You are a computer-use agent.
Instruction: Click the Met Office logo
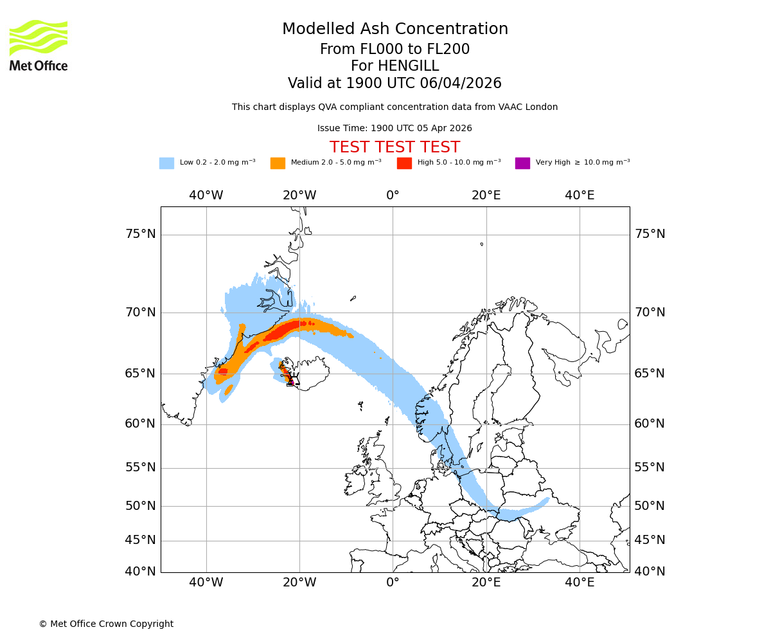[39, 45]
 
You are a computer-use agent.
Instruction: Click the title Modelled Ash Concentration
[394, 30]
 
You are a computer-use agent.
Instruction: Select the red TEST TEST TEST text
[394, 147]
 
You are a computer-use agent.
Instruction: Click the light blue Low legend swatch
[166, 163]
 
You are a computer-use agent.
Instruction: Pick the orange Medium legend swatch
[278, 163]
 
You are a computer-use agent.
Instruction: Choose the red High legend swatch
[404, 163]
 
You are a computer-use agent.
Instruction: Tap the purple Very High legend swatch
[522, 163]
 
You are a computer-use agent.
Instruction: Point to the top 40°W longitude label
[206, 195]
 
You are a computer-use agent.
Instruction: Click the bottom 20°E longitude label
[486, 583]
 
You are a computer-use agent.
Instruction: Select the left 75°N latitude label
[141, 234]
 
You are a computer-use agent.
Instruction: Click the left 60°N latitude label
[141, 424]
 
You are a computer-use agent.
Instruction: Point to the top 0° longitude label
[393, 195]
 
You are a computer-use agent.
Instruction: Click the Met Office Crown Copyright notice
[106, 624]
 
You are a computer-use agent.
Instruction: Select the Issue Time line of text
[394, 128]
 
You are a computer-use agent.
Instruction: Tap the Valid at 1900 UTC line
[394, 84]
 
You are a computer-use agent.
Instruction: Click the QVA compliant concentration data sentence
[394, 107]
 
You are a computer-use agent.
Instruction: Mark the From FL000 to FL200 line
[394, 50]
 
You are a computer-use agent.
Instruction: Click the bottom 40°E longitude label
[580, 583]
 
